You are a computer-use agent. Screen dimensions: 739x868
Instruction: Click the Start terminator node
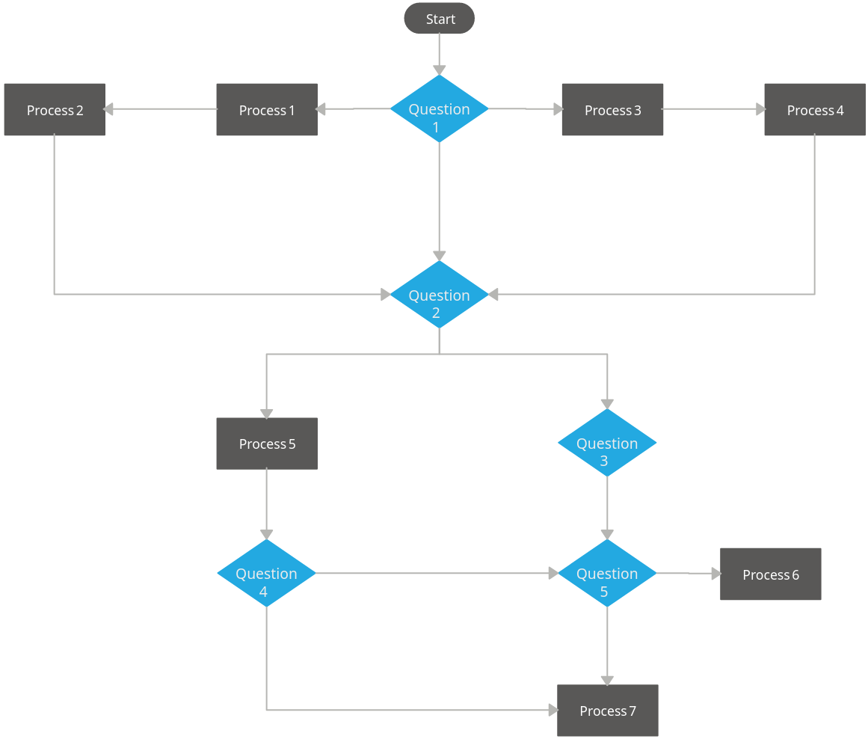click(439, 19)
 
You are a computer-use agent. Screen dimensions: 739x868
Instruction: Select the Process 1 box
click(267, 110)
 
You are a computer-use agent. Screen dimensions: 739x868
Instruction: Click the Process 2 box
click(55, 110)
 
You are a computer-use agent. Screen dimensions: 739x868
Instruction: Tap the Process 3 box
click(612, 110)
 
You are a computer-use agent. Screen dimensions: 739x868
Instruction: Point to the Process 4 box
click(815, 110)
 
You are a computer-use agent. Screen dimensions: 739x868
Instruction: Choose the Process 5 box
click(267, 444)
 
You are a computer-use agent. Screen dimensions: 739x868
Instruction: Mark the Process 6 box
click(771, 574)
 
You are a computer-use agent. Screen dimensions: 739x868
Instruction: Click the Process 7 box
click(608, 711)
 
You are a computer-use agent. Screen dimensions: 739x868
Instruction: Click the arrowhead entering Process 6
click(715, 574)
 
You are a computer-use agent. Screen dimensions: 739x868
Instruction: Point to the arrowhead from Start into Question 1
click(439, 70)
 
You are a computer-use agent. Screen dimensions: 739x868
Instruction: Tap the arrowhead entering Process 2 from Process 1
click(109, 109)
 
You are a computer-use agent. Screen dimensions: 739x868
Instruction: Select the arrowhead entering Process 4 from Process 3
click(760, 109)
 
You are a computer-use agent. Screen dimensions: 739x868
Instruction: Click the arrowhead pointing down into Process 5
click(266, 414)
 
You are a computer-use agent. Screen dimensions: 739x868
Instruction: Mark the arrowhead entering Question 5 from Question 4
click(553, 574)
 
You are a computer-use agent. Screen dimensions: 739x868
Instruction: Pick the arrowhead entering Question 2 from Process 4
click(493, 295)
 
